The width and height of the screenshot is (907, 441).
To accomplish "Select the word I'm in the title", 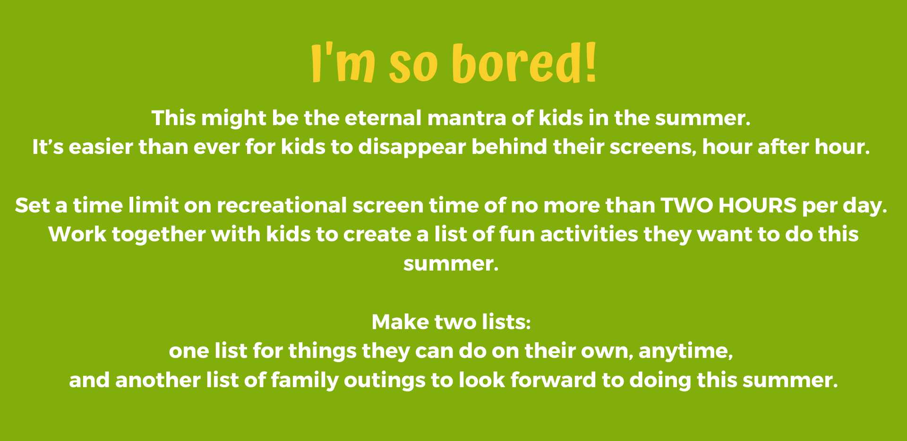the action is tap(343, 63).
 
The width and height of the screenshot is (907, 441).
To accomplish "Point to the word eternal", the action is tap(383, 118).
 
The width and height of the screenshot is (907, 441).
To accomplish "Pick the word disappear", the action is tap(412, 147).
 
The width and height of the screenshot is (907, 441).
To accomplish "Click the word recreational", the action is tap(282, 205).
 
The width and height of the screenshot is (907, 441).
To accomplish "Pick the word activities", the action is tap(589, 235).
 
